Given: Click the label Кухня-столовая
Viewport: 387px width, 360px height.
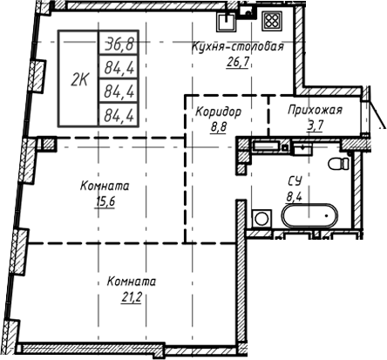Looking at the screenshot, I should pos(238,47).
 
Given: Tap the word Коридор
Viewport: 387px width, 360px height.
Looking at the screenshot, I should pos(218,112).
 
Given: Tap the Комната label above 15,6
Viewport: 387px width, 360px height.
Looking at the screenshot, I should pos(105,186).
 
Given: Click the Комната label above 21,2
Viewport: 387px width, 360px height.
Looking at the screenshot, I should pos(131,282).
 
